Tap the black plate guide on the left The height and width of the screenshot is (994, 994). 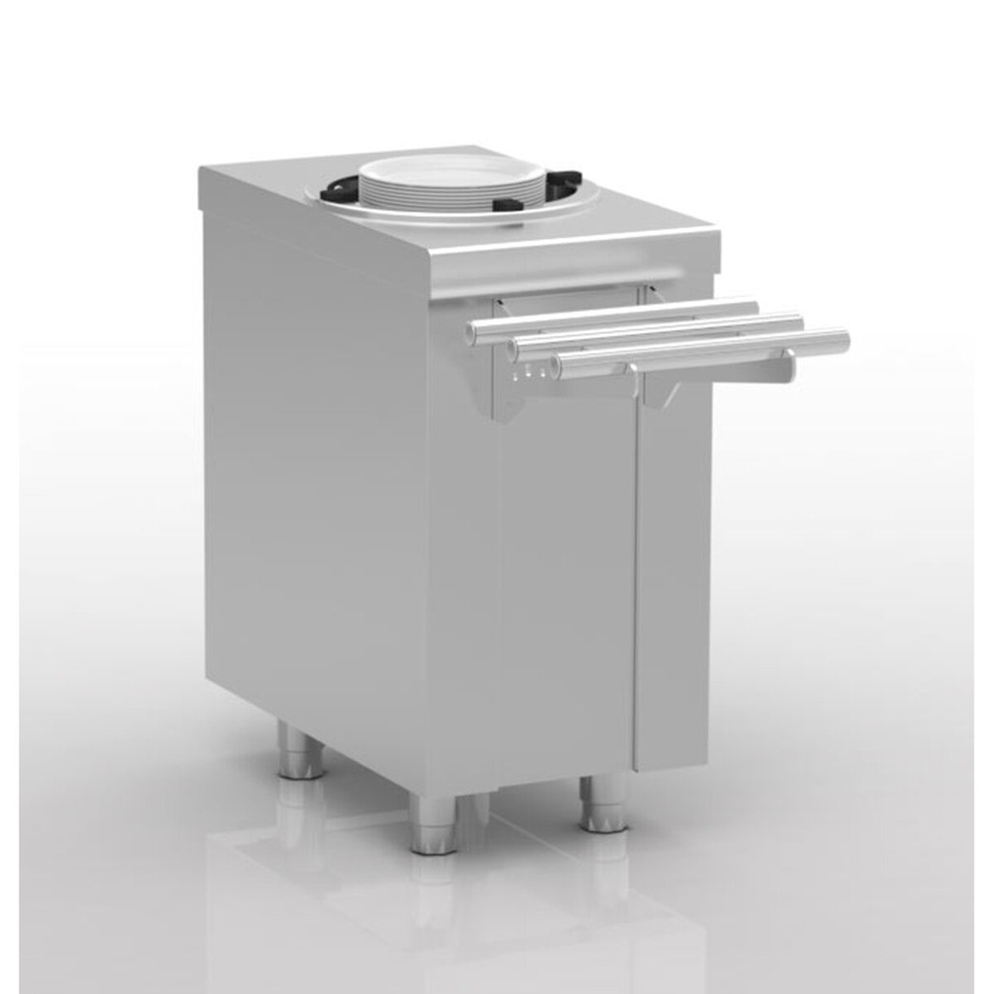click(x=339, y=191)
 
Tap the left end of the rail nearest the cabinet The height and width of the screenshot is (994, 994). click(x=472, y=334)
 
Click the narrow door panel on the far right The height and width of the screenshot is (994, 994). click(x=672, y=582)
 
